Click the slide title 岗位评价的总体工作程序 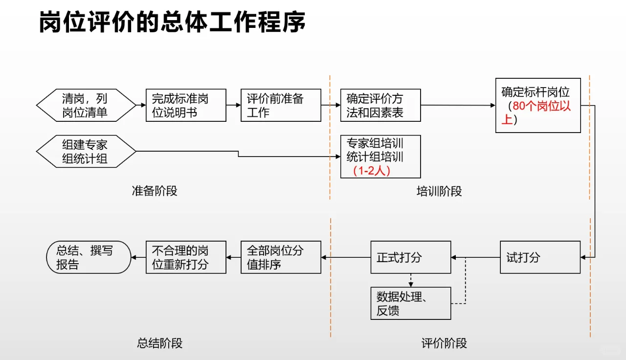point(172,22)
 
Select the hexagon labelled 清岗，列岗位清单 point(86,105)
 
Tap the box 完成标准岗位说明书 point(186,105)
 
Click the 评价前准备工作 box point(281,105)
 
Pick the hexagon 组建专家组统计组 point(86,152)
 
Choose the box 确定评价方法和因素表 point(380,105)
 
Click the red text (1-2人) point(373,171)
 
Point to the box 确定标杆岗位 point(538,105)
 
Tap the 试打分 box point(540,257)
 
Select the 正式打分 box point(410,257)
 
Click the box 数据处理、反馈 point(410,303)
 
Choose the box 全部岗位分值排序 point(281,257)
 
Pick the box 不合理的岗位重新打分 point(186,257)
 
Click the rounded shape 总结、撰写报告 point(89,257)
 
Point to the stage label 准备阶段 point(155,191)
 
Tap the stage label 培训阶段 point(439,191)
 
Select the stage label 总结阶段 point(159,343)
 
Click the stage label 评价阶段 point(444,343)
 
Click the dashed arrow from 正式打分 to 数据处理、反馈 point(410,280)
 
